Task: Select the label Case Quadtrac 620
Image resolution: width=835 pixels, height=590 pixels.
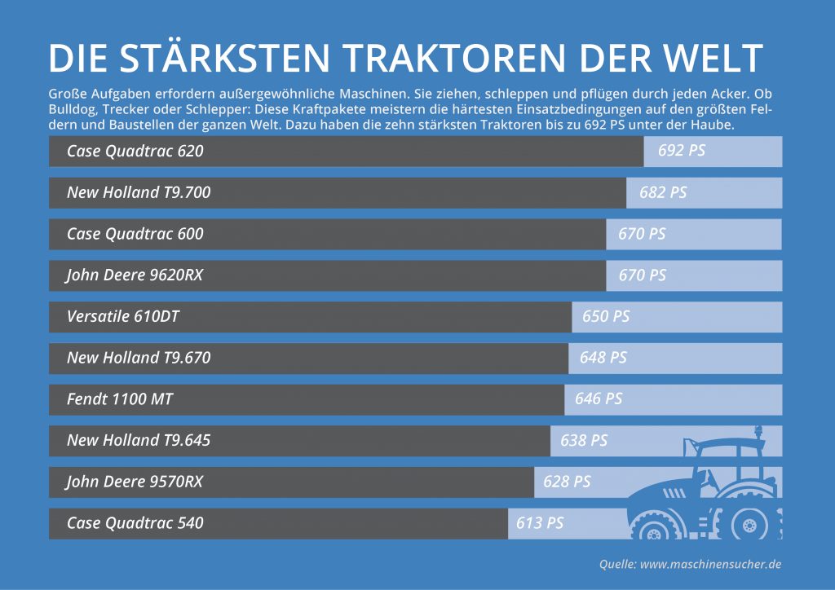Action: (135, 151)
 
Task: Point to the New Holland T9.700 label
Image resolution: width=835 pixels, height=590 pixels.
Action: (139, 192)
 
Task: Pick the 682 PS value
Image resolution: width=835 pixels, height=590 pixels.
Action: (663, 192)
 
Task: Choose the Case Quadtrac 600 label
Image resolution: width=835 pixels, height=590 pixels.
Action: (135, 234)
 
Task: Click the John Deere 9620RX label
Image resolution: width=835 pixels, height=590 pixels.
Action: (135, 275)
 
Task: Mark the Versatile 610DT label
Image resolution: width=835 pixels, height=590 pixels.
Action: (122, 316)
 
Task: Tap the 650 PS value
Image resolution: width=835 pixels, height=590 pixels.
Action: (606, 316)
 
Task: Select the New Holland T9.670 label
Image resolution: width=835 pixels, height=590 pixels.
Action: (139, 358)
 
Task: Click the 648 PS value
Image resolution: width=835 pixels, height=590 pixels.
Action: (603, 358)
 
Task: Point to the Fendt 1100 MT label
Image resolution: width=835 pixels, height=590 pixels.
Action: (120, 399)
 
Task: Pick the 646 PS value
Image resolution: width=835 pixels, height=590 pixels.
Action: (599, 399)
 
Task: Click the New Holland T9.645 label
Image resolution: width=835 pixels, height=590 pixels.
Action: (139, 441)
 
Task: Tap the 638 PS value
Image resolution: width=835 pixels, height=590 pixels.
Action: (584, 441)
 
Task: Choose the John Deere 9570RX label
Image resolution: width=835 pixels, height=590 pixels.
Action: (135, 482)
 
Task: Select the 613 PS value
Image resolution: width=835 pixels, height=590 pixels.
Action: (540, 523)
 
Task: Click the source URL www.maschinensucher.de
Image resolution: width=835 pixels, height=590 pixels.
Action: (710, 564)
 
